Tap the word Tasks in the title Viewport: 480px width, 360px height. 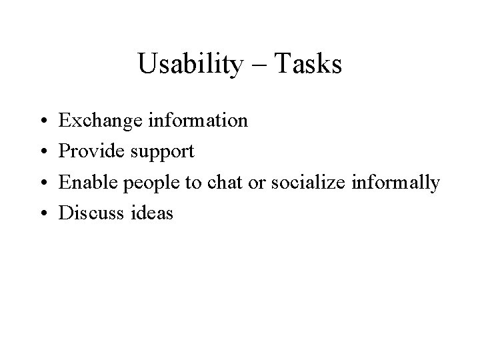[x=308, y=65]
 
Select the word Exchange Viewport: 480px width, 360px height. [x=97, y=121]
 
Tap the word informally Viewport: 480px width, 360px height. [x=399, y=183]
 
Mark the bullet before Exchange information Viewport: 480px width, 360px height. [x=43, y=121]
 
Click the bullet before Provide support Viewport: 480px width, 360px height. [x=43, y=152]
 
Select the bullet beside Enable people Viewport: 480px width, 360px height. [x=43, y=183]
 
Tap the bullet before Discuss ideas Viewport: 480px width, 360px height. [x=43, y=213]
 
